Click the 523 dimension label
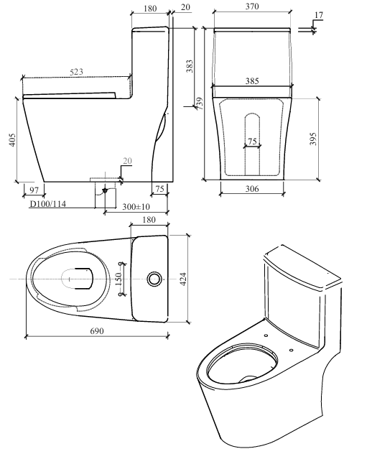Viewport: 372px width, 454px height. (76, 72)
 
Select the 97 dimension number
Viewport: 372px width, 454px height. (34, 190)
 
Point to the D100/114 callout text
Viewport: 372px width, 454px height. (48, 204)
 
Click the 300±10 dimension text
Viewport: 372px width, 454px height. (136, 207)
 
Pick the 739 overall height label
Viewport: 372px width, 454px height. (200, 103)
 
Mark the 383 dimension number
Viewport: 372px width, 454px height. (189, 66)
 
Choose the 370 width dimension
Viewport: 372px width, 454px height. (252, 6)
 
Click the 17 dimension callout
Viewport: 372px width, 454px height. (319, 15)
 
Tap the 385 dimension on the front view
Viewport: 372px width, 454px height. (252, 81)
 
